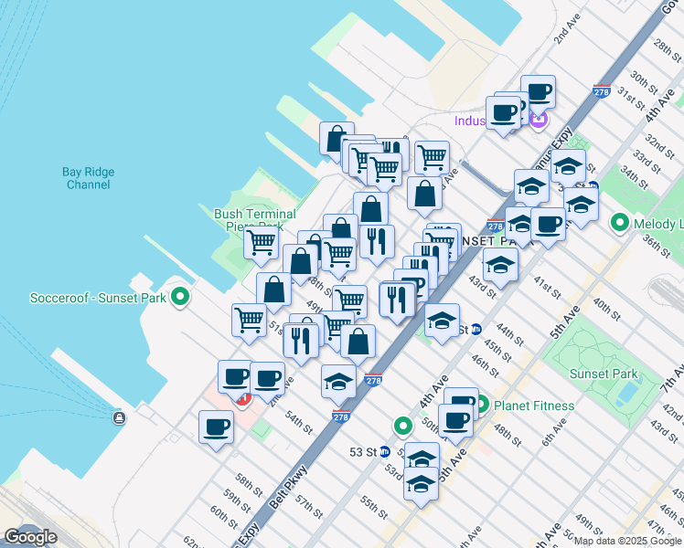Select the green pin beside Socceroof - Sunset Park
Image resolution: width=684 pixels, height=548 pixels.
pos(181,297)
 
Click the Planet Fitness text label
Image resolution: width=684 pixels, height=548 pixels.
pos(534,406)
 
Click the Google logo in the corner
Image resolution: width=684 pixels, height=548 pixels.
pos(30,537)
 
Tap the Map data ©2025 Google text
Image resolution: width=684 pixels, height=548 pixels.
pos(627,541)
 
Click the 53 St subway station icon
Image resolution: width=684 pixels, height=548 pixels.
pos(385,451)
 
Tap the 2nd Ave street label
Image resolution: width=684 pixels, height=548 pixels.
pos(567,32)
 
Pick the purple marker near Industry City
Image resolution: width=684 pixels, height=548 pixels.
pos(539,120)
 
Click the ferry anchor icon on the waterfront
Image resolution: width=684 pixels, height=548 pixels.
pos(119,417)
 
